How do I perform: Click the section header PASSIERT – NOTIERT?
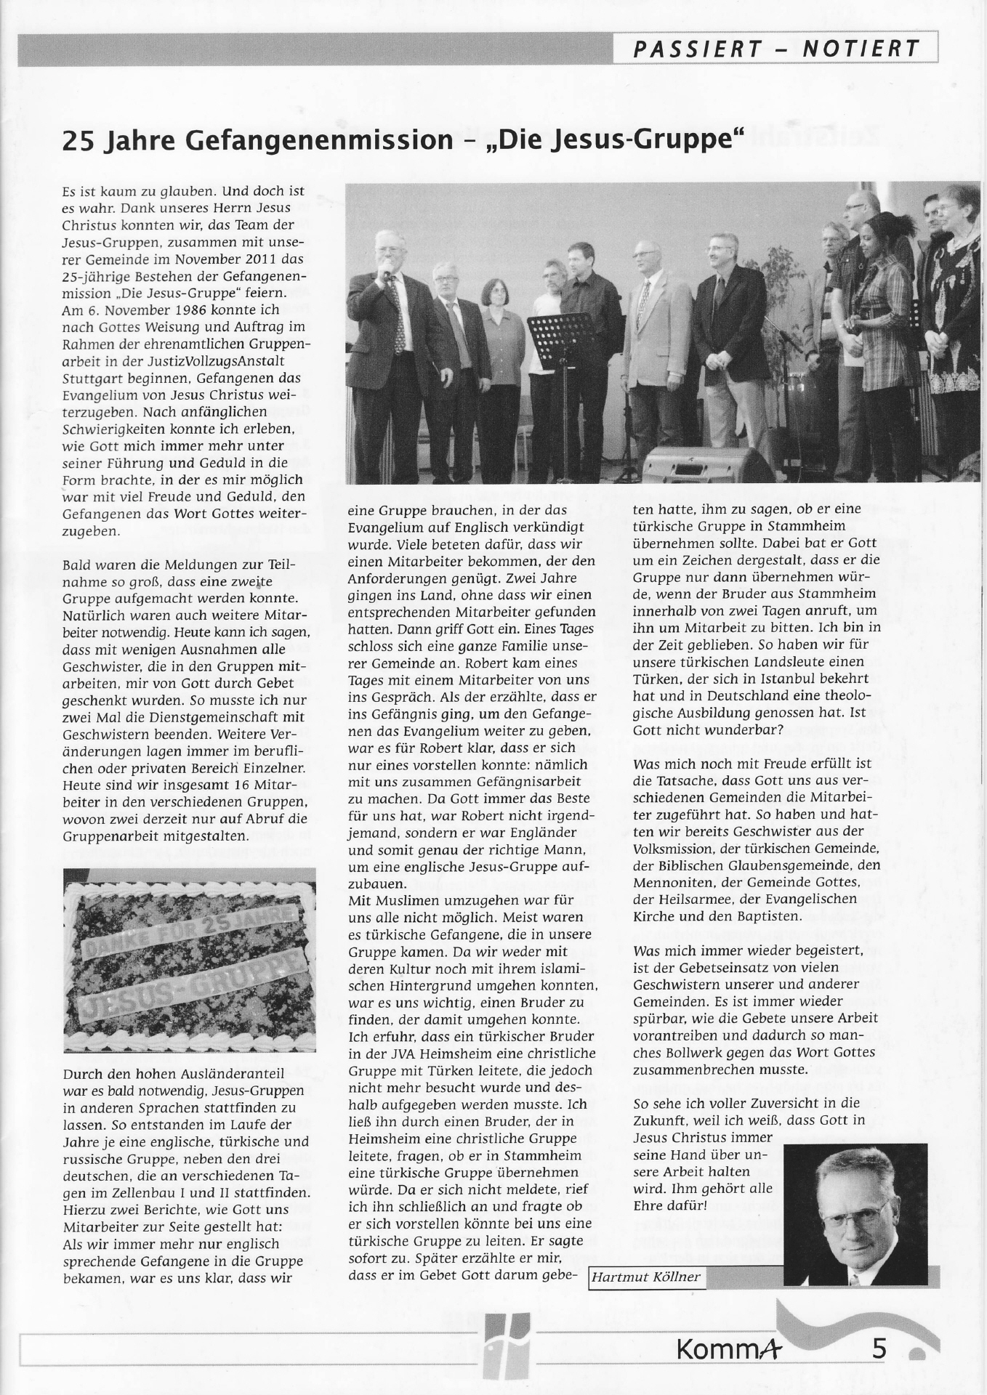(775, 49)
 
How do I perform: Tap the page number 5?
(879, 1349)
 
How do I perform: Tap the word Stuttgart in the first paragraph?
(90, 379)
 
